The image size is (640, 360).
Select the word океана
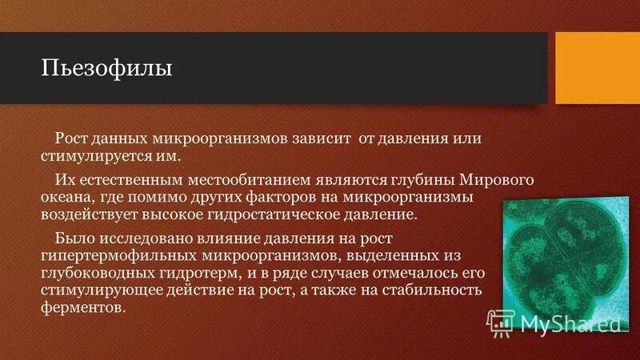[69, 197]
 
